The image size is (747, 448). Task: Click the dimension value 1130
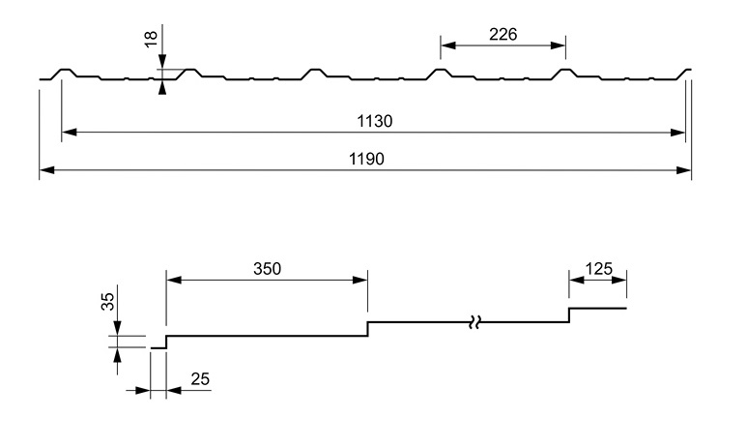[x=373, y=122]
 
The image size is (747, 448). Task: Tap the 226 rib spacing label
[x=503, y=34]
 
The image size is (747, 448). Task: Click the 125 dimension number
[x=599, y=269]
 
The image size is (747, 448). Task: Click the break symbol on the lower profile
[x=474, y=321]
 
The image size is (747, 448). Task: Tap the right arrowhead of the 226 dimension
[x=560, y=44]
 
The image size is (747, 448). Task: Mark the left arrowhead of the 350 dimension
[x=173, y=280]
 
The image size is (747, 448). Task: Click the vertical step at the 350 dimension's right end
[x=367, y=329]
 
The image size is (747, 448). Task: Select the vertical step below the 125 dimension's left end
[x=568, y=315]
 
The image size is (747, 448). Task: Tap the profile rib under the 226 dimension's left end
[x=441, y=71]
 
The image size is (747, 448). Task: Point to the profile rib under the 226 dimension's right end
[x=565, y=71]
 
